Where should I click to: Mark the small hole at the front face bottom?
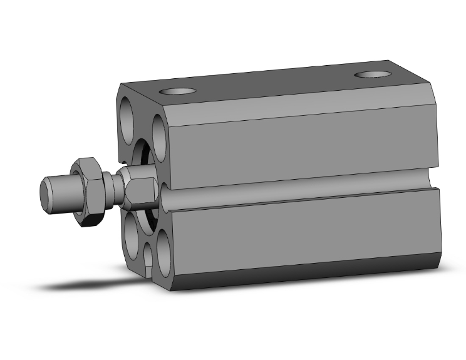pos(148,257)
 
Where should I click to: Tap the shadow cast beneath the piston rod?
pos(81,285)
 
